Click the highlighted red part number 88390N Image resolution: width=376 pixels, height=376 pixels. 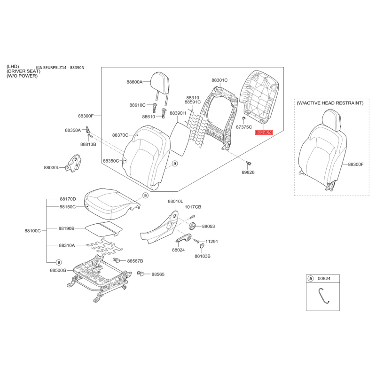(x=264, y=132)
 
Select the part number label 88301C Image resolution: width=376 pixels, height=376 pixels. (x=219, y=80)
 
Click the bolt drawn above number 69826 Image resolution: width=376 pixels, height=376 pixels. (x=248, y=164)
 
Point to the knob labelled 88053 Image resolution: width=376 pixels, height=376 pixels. (x=192, y=226)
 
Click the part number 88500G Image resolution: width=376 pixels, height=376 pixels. (x=58, y=270)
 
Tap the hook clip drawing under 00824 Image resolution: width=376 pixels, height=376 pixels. (x=323, y=296)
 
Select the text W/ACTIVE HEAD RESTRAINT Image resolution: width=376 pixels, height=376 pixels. (x=330, y=103)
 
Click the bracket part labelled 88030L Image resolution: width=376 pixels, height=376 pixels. (x=73, y=163)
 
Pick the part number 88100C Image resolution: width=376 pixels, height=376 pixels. (x=32, y=231)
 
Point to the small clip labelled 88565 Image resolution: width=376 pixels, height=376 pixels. (x=140, y=273)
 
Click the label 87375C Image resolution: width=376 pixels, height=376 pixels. (x=244, y=127)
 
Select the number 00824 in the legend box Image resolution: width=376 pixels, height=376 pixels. (x=324, y=278)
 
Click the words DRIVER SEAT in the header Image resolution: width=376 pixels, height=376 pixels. (x=23, y=71)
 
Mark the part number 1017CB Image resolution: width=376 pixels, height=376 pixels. (x=193, y=207)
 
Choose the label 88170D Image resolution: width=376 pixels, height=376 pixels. (x=68, y=199)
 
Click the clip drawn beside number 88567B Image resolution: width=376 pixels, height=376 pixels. (x=116, y=260)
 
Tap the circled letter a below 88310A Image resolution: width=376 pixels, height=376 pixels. (x=58, y=262)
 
